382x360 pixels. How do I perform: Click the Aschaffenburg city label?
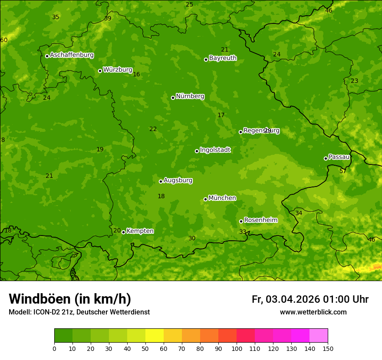click(72, 55)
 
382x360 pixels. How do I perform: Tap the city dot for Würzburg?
click(100, 71)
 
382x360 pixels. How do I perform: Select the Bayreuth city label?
click(223, 58)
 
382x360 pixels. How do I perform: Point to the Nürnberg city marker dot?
click(173, 98)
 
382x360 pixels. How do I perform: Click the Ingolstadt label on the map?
click(215, 150)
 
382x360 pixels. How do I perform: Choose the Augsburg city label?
click(178, 180)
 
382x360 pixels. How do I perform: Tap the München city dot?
click(205, 199)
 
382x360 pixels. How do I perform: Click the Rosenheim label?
click(260, 220)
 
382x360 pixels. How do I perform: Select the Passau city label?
click(339, 157)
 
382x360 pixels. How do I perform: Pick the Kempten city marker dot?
click(123, 232)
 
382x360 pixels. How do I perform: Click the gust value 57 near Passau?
click(343, 171)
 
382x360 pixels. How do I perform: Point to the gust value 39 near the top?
click(108, 18)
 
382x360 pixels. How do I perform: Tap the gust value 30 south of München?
click(192, 239)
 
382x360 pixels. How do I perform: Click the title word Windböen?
click(40, 299)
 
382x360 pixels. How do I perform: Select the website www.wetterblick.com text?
click(313, 312)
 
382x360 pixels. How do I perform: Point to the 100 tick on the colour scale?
click(237, 349)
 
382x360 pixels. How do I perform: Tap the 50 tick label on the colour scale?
click(145, 349)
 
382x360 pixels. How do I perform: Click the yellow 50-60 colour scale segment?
click(155, 336)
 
